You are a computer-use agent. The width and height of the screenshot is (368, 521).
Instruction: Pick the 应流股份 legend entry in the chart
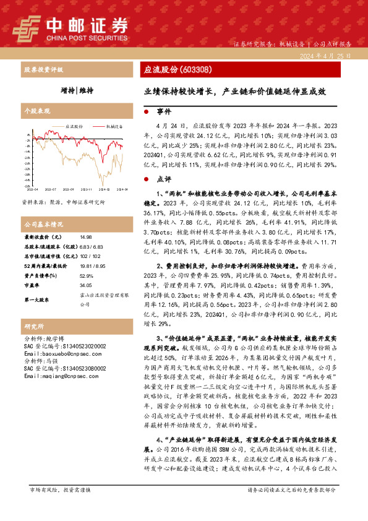tap(74, 126)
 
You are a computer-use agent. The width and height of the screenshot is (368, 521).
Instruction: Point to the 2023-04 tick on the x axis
tap(32, 189)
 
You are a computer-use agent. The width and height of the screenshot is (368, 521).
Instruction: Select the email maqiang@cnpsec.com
tap(55, 376)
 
